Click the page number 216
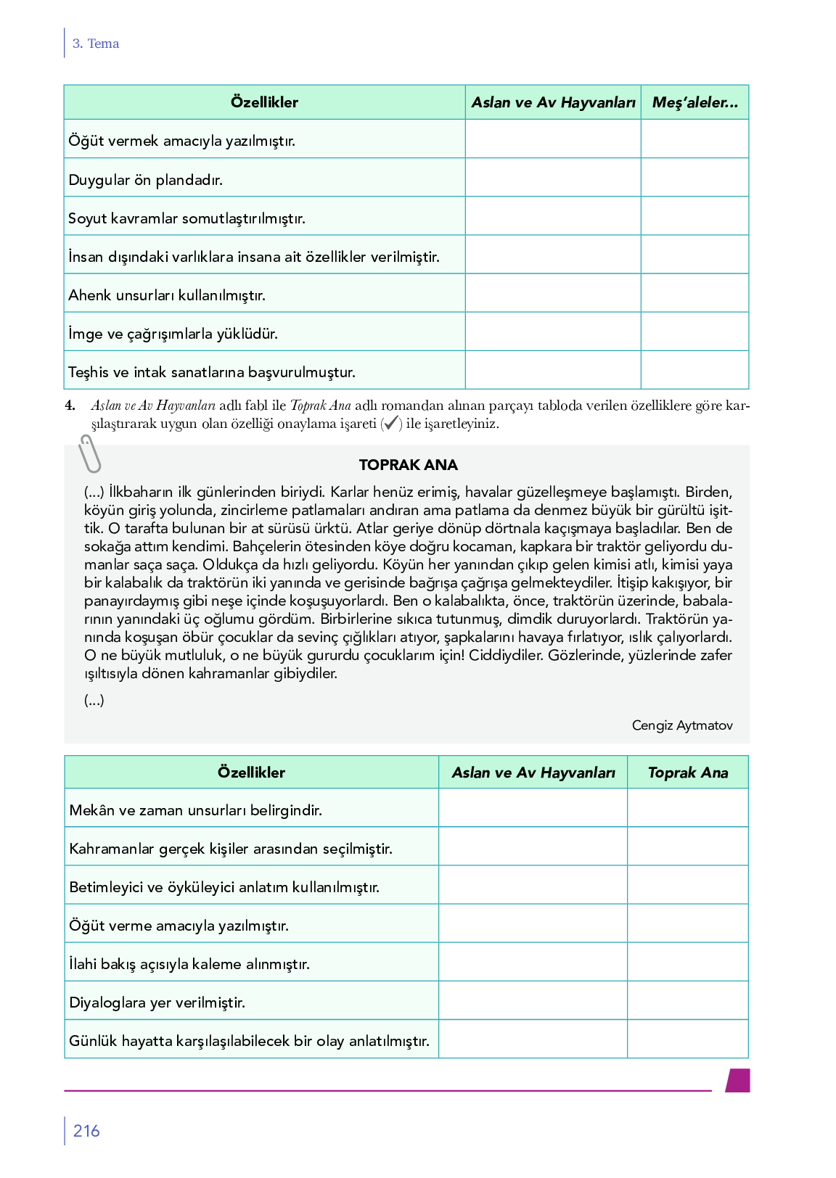86,1131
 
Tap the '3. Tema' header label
96,44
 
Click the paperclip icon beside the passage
90,454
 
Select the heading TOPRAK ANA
408,465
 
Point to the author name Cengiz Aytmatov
681,725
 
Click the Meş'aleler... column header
694,102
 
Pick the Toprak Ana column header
687,773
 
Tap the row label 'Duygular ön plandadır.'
145,180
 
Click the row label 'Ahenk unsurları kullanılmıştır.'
167,295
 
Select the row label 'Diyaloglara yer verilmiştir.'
157,1002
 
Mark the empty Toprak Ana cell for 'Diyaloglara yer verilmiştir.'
687,1000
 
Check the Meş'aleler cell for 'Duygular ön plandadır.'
694,177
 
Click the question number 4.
70,405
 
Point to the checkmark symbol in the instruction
391,424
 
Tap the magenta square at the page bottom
738,1080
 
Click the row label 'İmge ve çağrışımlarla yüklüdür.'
173,334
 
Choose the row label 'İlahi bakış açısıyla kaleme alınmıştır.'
189,964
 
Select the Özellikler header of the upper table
264,102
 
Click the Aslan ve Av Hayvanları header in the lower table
533,773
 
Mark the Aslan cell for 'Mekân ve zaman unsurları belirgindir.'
533,808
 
